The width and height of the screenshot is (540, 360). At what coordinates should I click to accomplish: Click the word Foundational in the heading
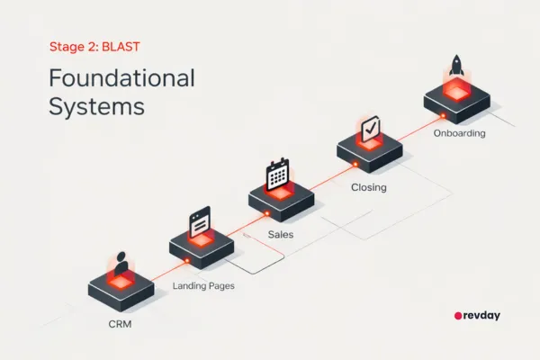click(121, 77)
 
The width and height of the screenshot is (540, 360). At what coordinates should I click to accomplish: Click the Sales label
click(280, 234)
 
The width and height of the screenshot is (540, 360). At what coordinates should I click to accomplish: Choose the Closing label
click(368, 189)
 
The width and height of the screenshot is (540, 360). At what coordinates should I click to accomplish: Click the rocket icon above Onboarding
click(455, 68)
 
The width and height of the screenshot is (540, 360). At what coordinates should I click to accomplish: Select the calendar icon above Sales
click(279, 172)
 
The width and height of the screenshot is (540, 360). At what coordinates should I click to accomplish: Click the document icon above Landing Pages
click(200, 220)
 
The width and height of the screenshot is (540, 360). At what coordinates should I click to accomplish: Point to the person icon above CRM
click(120, 264)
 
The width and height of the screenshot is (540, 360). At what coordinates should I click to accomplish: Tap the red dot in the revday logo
click(457, 317)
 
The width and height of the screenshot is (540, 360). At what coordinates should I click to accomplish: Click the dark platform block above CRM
click(121, 290)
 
